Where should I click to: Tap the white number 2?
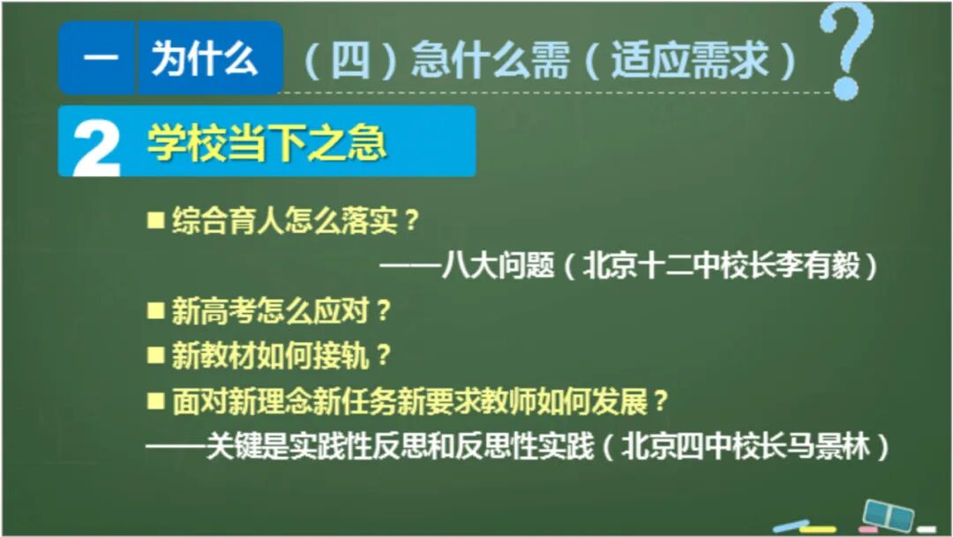[x=96, y=145]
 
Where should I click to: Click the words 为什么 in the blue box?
[x=205, y=59]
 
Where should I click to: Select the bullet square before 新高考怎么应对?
[x=155, y=310]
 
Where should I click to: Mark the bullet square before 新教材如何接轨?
[x=155, y=355]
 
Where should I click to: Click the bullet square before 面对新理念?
[x=155, y=401]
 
